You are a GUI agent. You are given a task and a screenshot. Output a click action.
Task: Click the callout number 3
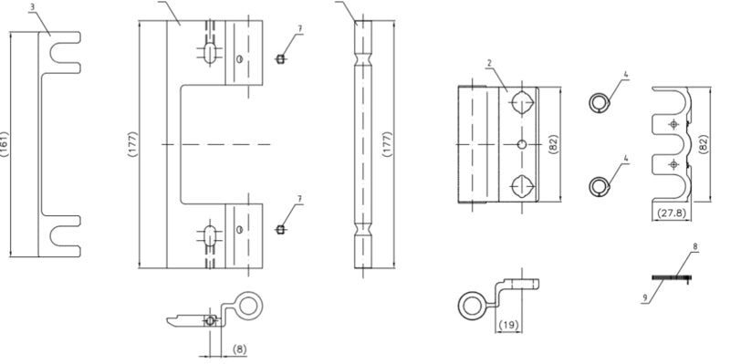[x=32, y=7]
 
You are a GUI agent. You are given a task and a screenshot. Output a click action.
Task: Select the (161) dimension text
[x=5, y=144]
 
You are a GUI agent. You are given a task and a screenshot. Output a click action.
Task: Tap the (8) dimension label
[x=239, y=349]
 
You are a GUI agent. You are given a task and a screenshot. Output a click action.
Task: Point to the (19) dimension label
[x=508, y=325]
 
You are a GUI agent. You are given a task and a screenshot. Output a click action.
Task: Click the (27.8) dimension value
[x=672, y=213]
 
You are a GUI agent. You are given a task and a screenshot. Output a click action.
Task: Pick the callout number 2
[x=489, y=63]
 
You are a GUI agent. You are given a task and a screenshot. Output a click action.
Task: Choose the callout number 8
[x=695, y=246]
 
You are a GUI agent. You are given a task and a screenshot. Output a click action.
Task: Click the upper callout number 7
[x=300, y=29]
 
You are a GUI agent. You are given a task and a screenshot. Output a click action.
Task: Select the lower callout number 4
[x=626, y=159]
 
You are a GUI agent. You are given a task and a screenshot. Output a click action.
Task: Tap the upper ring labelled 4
[x=600, y=103]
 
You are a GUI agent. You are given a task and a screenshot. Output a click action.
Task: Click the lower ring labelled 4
[x=600, y=187]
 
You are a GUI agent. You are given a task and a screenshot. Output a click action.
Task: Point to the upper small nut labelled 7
[x=280, y=59]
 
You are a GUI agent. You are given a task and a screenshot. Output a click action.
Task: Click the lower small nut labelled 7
[x=280, y=230]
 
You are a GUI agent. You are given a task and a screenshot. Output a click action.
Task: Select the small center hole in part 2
[x=522, y=145]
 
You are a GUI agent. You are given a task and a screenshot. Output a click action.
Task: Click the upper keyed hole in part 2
[x=522, y=102]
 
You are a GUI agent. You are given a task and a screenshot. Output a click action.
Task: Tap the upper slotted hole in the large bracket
[x=210, y=53]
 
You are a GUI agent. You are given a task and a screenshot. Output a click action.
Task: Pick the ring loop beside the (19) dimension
[x=473, y=306]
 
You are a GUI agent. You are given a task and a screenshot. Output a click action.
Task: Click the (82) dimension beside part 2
[x=554, y=144]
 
